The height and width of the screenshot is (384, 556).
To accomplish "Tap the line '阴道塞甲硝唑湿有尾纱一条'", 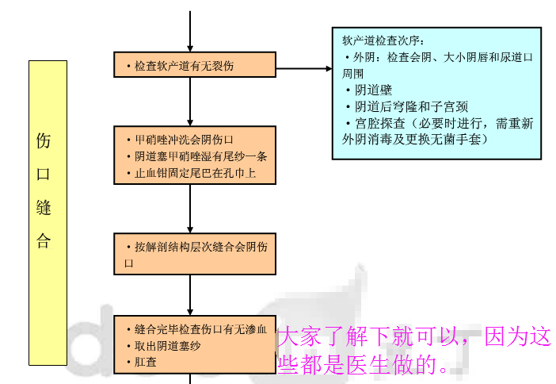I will tap(196, 156).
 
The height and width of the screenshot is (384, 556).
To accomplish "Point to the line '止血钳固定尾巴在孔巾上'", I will tap(190, 172).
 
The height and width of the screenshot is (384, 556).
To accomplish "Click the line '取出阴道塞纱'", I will tap(168, 346).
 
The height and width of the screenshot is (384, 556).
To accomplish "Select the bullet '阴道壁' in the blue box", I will tap(374, 90).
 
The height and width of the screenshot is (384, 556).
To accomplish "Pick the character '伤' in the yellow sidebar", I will tap(44, 141).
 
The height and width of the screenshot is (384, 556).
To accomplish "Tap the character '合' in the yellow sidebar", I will tap(44, 241).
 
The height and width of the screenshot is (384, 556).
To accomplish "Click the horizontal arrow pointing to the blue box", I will tap(304, 68).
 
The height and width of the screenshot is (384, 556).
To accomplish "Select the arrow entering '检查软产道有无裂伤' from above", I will tap(190, 32).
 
